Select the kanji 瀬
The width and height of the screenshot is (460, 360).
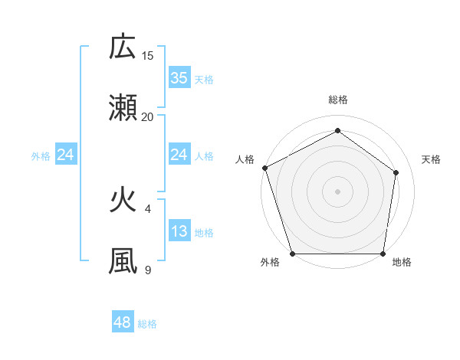coord(123,108)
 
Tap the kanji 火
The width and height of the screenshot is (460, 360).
coord(123,200)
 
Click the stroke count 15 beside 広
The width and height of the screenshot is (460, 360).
coord(148,55)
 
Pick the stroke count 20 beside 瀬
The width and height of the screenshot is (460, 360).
coord(148,116)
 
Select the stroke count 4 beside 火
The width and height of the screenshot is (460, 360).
coord(148,208)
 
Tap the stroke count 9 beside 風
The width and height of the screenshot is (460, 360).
coord(148,270)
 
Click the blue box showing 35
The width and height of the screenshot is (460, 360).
coord(179,77)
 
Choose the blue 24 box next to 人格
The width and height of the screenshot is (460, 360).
coord(179,155)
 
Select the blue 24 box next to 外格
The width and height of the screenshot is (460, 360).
coord(66,155)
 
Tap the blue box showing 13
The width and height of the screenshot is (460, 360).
coord(179,231)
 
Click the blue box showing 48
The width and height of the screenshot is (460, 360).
coord(123,322)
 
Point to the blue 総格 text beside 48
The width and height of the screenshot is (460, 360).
coord(147,324)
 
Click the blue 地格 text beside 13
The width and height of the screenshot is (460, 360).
coord(204,233)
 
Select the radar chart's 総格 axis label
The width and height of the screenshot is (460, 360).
coord(337,100)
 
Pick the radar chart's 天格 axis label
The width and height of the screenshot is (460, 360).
coord(431,159)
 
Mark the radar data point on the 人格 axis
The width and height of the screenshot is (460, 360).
coord(264,168)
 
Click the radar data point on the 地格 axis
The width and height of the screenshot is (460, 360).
coord(383,254)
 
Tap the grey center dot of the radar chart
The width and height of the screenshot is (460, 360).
coord(337,191)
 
